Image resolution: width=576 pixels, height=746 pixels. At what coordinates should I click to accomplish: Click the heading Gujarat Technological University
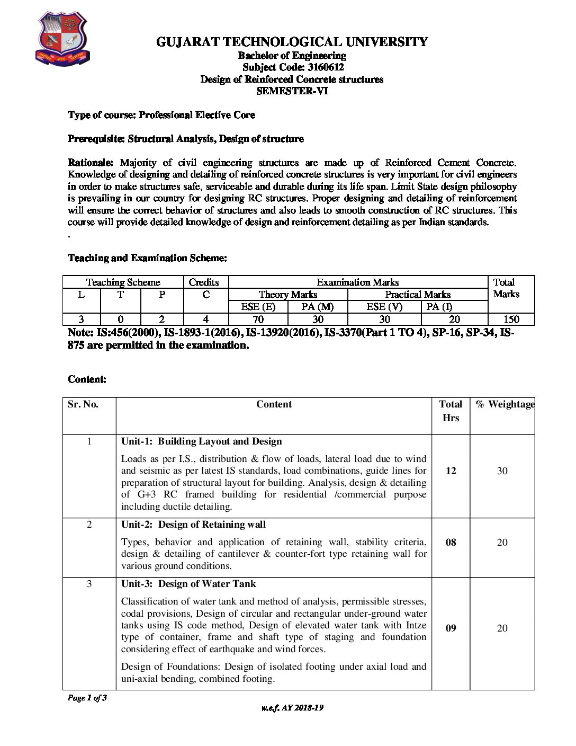[x=292, y=42]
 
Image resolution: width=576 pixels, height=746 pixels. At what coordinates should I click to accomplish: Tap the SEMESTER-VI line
[x=292, y=91]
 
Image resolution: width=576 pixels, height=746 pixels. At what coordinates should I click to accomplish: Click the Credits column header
[x=204, y=282]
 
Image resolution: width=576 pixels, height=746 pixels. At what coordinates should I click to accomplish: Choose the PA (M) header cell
[x=318, y=307]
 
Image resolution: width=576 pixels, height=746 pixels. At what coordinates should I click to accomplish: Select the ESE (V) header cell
[x=384, y=307]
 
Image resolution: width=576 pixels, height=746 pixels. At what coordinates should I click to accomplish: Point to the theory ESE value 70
[x=258, y=319]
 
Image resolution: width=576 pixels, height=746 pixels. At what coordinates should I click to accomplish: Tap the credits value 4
[x=205, y=319]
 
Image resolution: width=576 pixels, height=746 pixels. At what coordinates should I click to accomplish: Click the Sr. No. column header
[x=83, y=404]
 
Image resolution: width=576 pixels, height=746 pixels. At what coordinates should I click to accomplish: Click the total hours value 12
[x=451, y=471]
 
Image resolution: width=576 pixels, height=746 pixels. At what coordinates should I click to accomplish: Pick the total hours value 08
[x=451, y=543]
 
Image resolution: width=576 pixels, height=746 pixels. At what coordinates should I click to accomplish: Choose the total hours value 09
[x=451, y=628]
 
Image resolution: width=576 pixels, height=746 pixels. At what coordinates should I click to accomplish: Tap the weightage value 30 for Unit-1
[x=502, y=471]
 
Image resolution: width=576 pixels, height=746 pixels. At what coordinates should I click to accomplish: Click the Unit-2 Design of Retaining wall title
[x=193, y=525]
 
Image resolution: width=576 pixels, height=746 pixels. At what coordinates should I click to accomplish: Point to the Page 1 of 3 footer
[x=87, y=698]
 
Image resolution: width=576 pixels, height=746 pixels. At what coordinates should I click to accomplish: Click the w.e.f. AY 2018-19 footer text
[x=292, y=708]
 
